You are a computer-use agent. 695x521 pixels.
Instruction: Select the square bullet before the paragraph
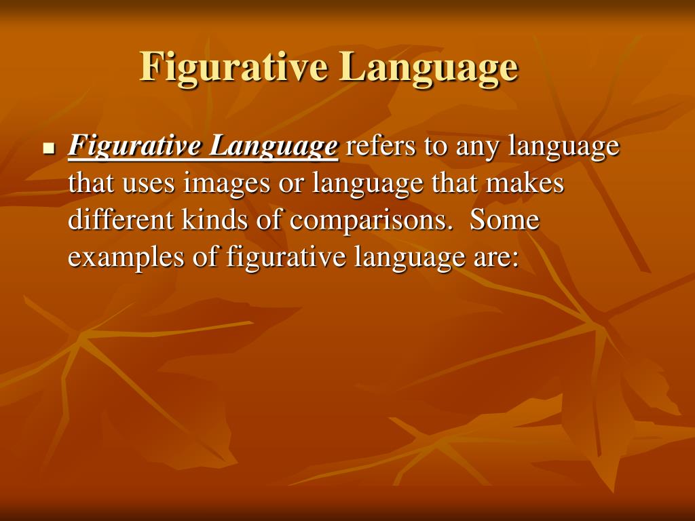click(x=48, y=147)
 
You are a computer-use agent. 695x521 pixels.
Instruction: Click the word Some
click(x=504, y=220)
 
